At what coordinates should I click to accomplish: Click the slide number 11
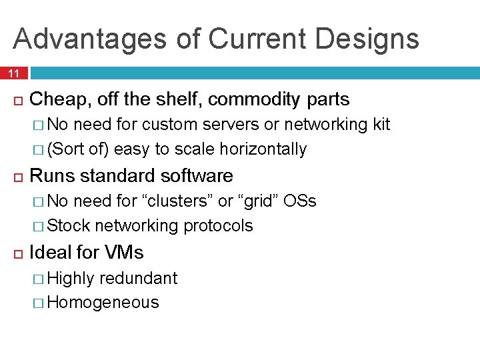(x=14, y=73)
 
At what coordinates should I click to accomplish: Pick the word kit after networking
(x=381, y=125)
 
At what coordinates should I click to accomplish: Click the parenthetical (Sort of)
(x=79, y=149)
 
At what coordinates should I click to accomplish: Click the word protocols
(x=218, y=226)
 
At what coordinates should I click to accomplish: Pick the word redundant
(x=139, y=278)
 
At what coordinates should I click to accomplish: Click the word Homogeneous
(x=103, y=303)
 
